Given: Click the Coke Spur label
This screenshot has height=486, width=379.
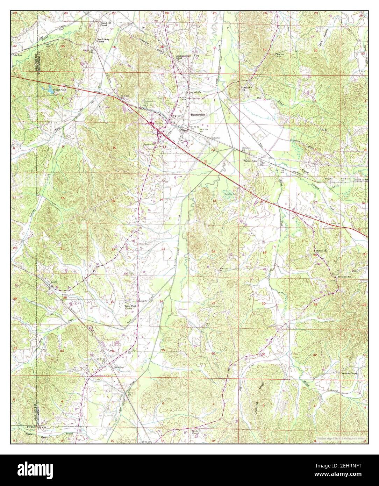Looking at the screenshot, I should pos(17,55).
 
